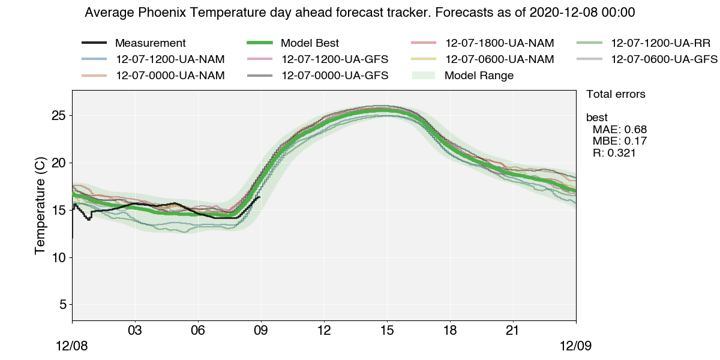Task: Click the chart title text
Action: coord(360,13)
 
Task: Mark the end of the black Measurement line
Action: coord(259,197)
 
